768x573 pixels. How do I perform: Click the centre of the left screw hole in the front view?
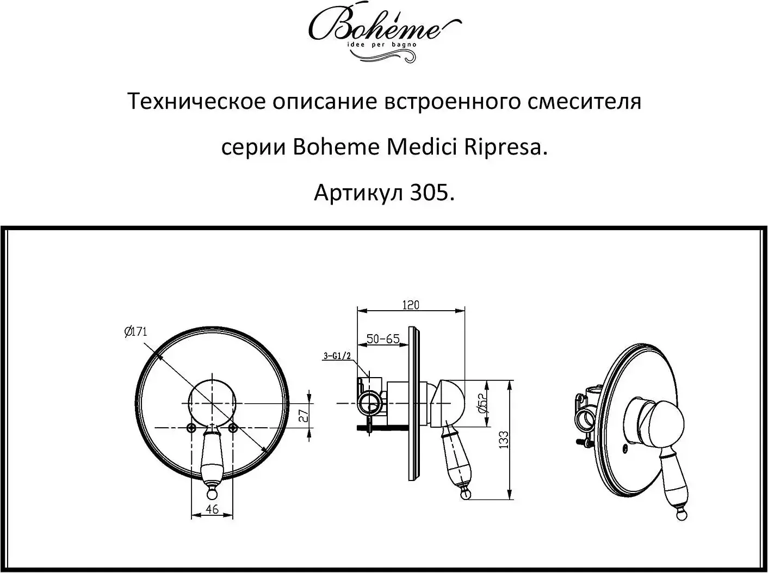click(x=191, y=427)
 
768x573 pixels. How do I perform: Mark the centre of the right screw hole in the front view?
click(x=233, y=427)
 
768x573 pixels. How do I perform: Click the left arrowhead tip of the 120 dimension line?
click(x=357, y=311)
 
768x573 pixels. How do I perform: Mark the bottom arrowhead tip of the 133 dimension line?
click(x=510, y=500)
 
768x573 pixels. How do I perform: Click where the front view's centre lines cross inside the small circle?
click(x=212, y=403)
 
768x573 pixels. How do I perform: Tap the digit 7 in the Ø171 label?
click(x=139, y=331)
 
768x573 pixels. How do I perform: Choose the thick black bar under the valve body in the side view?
click(x=383, y=427)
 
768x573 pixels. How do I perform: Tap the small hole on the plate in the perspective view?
click(x=626, y=448)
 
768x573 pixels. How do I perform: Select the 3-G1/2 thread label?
click(x=337, y=356)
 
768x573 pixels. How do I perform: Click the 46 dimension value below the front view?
click(x=212, y=509)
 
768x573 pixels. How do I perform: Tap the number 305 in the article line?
click(x=430, y=193)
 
